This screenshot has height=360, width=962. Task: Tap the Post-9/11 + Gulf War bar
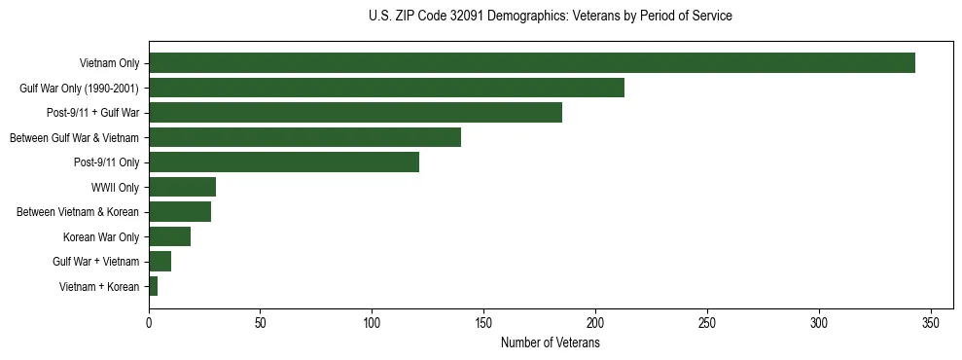(x=355, y=113)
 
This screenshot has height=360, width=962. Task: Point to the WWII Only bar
(x=182, y=187)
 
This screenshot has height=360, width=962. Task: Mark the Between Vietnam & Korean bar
(x=180, y=211)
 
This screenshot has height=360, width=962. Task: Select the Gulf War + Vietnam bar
(x=160, y=261)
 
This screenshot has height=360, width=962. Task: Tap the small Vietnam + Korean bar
(x=153, y=286)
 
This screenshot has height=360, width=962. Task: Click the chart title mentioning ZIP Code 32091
(x=551, y=17)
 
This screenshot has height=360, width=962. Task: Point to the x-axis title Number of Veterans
(x=550, y=343)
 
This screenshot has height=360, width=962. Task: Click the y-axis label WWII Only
(x=115, y=187)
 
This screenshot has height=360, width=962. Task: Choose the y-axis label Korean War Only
(x=101, y=236)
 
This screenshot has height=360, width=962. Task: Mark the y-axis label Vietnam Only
(x=109, y=63)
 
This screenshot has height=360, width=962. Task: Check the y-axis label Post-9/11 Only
(x=107, y=162)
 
